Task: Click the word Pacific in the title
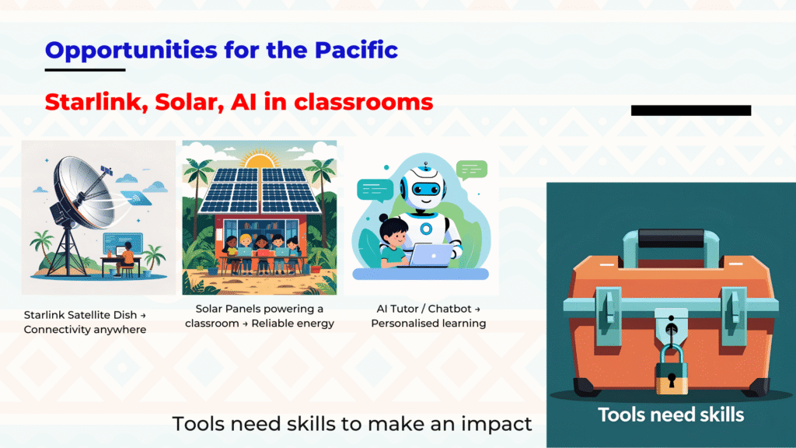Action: [356, 50]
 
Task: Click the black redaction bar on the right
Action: [691, 110]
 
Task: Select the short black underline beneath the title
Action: [85, 69]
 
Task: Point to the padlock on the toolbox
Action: [671, 369]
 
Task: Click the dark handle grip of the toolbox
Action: [671, 238]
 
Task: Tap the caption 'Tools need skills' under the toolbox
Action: [671, 415]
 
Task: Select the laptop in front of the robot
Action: [429, 255]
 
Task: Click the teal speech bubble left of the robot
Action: [375, 191]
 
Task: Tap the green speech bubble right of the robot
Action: [472, 170]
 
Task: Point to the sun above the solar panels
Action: [260, 162]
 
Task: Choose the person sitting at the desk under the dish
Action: [126, 258]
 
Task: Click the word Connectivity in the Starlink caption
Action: [54, 330]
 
